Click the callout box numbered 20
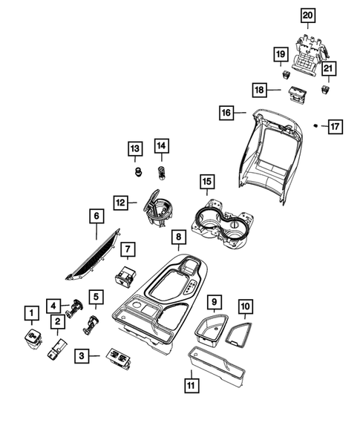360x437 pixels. click(x=307, y=16)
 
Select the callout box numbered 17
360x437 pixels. click(x=336, y=127)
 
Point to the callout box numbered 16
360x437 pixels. click(x=226, y=113)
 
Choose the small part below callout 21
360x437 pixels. click(x=326, y=89)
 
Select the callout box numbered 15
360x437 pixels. click(x=206, y=181)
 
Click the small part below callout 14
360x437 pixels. click(x=161, y=173)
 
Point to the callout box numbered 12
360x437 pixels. click(x=121, y=201)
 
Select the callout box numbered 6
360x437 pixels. click(x=96, y=217)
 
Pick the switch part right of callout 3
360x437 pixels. click(x=118, y=358)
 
